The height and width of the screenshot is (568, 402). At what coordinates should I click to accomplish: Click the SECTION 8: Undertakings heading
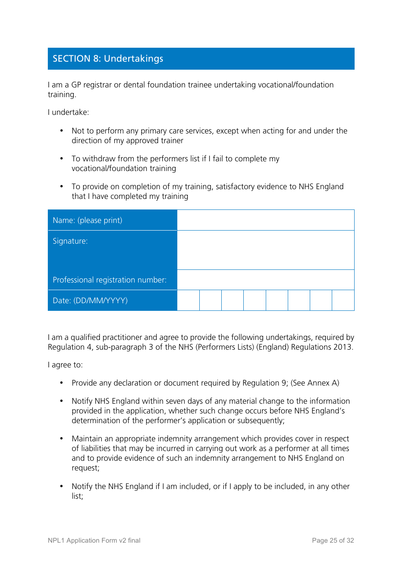[x=108, y=59]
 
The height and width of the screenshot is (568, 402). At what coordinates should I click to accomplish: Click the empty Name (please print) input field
[x=265, y=220]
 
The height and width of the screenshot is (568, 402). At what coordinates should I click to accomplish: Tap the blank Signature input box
[x=265, y=250]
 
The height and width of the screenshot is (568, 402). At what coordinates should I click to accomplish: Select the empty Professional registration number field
[x=265, y=280]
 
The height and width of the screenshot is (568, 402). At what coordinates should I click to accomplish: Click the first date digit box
[x=188, y=300]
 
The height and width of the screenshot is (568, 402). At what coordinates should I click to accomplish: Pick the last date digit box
[x=343, y=300]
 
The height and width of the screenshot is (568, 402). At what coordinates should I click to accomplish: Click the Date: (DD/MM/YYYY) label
[x=90, y=301]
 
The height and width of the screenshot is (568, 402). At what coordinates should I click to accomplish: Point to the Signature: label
[x=70, y=241]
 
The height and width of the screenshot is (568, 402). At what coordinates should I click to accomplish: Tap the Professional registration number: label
[x=109, y=280]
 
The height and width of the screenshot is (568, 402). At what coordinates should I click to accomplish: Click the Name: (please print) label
[x=88, y=220]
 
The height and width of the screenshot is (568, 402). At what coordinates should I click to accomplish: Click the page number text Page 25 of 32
[x=333, y=541]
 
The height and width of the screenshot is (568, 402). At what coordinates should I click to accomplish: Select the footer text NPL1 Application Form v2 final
[x=94, y=541]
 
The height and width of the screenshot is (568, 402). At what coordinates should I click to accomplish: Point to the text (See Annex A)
[x=315, y=383]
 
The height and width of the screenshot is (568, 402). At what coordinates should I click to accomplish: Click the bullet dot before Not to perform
[x=62, y=131]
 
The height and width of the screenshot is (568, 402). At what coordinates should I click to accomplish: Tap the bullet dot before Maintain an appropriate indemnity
[x=62, y=439]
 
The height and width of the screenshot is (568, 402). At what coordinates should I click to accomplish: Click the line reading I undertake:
[x=69, y=112]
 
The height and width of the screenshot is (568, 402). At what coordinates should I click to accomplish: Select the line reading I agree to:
[x=65, y=365]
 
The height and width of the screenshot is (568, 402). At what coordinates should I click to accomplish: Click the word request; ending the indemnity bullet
[x=85, y=468]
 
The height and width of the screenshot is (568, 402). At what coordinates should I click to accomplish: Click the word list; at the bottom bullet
[x=77, y=496]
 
